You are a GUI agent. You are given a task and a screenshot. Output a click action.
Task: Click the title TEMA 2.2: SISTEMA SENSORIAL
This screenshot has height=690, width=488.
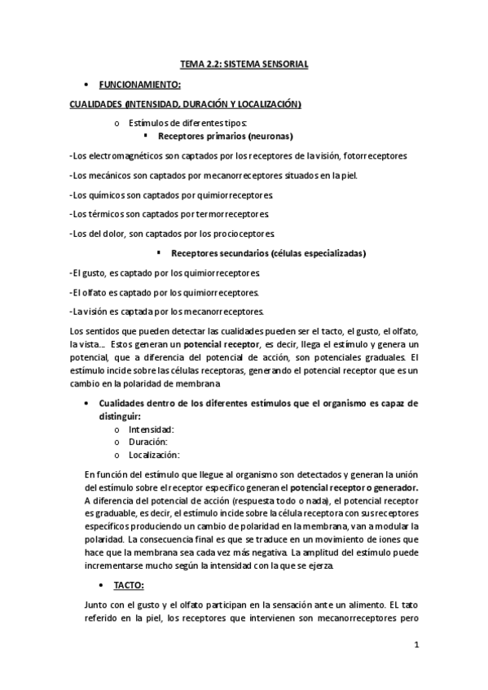coord(244,63)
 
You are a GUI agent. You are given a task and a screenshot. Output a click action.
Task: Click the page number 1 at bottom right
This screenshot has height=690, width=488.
coord(415,646)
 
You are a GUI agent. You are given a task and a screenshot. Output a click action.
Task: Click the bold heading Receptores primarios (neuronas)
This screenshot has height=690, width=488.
coord(225,136)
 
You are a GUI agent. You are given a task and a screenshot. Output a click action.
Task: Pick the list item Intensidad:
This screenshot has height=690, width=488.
coord(152,429)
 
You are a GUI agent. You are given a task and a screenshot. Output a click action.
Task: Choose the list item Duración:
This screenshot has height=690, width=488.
coord(148,442)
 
